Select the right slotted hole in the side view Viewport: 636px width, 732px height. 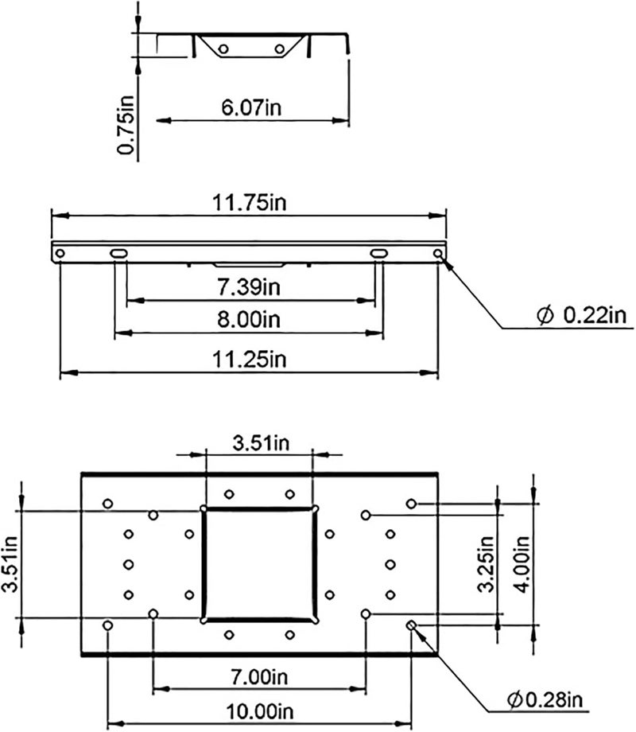pyautogui.click(x=378, y=253)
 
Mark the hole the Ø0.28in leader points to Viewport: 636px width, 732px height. pyautogui.click(x=411, y=625)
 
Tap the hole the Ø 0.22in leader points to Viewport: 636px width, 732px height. pyautogui.click(x=439, y=253)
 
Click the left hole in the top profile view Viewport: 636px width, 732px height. pyautogui.click(x=224, y=49)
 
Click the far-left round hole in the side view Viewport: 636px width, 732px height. pyautogui.click(x=60, y=253)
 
